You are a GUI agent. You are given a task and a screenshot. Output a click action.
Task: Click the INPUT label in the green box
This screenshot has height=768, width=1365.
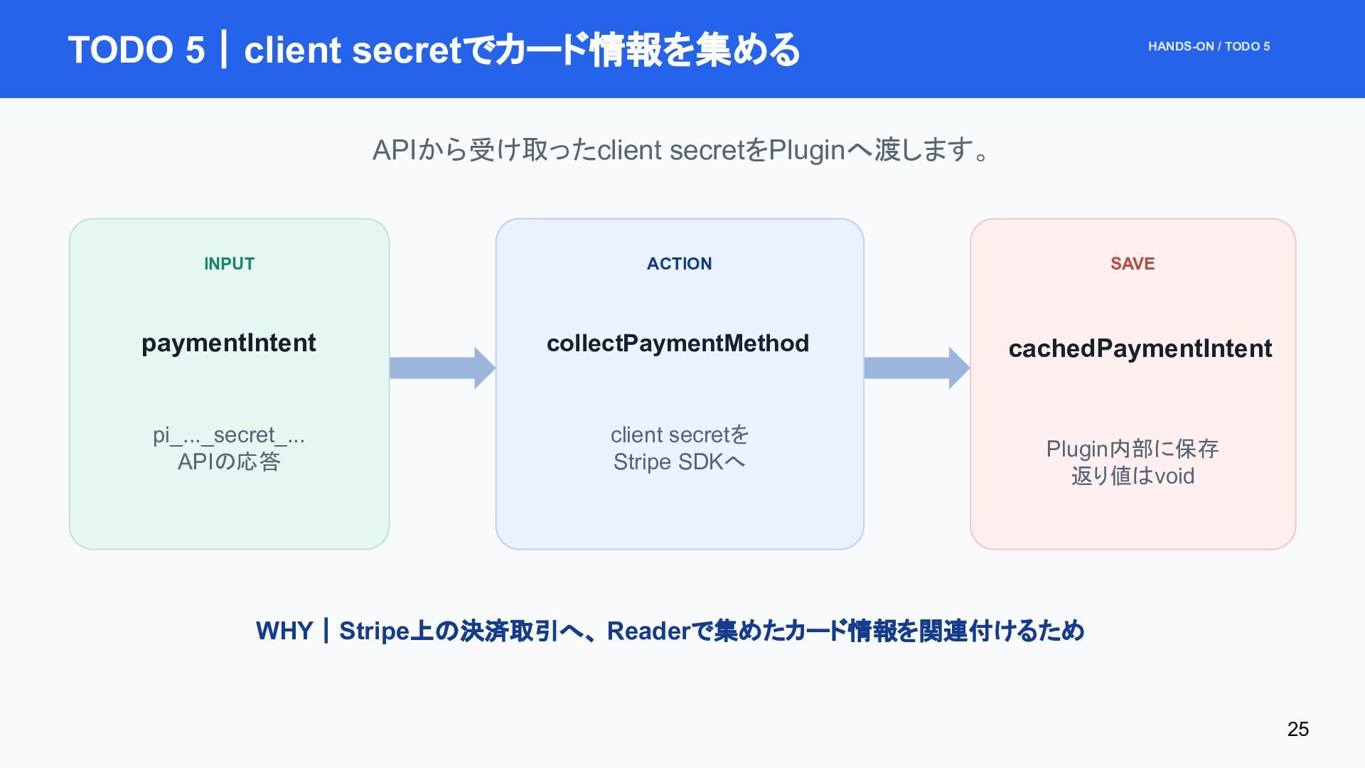point(229,264)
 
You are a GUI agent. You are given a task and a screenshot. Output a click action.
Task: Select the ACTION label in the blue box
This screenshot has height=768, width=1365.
point(679,264)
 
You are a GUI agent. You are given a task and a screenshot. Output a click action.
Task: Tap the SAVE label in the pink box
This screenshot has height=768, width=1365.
point(1133,264)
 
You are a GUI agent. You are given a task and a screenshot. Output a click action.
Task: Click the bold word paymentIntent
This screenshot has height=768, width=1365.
point(228,343)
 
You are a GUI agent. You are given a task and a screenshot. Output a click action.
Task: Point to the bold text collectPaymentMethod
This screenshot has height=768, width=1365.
point(678,343)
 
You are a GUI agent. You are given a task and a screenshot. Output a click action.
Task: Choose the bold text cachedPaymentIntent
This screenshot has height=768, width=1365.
point(1140,348)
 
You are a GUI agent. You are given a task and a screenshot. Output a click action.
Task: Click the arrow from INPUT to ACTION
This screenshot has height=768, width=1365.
point(442,368)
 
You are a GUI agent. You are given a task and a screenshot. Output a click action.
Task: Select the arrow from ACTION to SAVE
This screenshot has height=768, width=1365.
point(917,368)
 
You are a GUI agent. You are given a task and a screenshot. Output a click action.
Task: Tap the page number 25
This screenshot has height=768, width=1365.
point(1298,729)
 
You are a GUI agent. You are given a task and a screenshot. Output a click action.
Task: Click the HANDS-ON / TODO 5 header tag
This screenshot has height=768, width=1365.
point(1209,46)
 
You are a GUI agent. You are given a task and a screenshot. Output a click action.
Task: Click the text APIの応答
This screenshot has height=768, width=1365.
point(229,462)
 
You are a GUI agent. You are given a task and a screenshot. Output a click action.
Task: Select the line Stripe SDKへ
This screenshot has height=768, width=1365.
point(679,462)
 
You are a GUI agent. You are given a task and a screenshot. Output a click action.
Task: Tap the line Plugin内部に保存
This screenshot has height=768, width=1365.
point(1133,449)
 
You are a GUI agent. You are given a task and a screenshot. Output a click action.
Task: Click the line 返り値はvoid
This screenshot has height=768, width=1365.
point(1133,476)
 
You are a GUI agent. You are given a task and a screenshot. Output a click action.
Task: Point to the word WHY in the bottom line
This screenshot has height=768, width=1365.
point(284,631)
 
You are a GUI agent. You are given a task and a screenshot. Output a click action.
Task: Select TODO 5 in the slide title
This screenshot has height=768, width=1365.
point(136,50)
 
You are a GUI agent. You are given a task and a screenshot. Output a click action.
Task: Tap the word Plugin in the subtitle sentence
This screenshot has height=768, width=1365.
point(807,151)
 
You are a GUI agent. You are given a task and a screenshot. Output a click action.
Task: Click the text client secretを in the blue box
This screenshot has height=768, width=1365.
point(680,434)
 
